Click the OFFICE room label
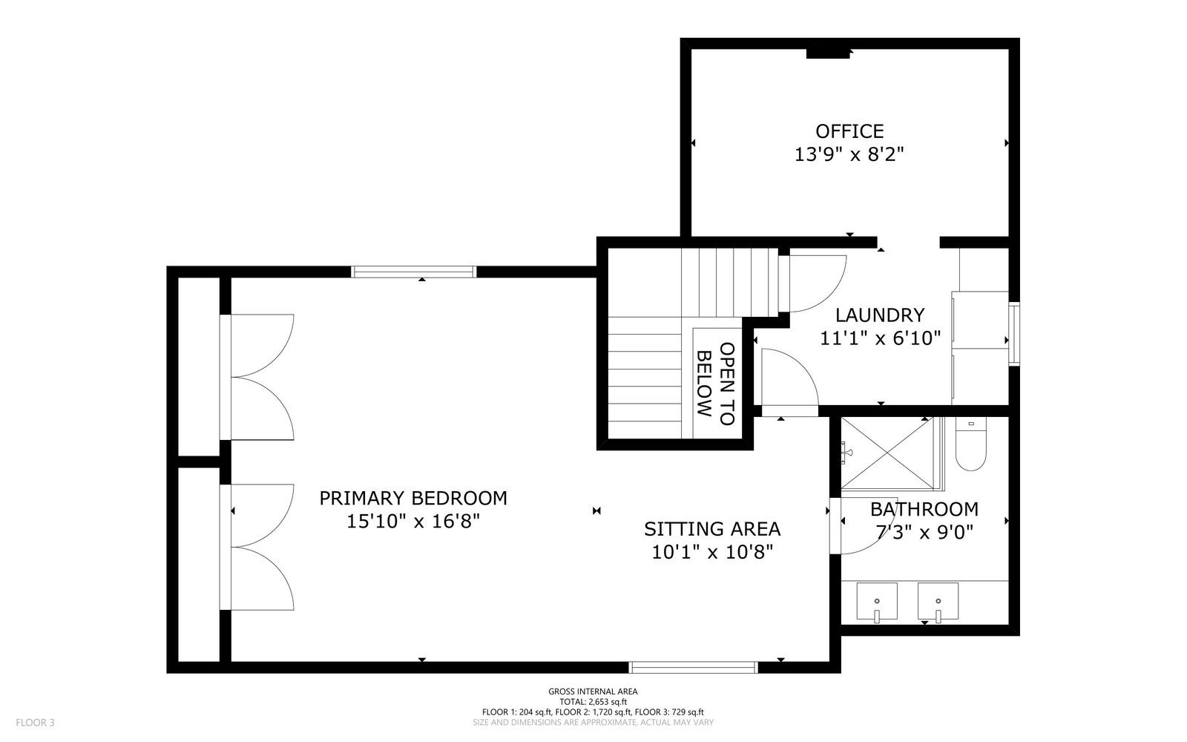pos(849,131)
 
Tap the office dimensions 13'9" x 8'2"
pos(849,154)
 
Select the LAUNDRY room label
pos(880,315)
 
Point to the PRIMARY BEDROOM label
pos(412,498)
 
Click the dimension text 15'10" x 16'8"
pos(412,522)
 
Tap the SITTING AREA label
pos(712,529)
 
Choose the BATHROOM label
pos(924,509)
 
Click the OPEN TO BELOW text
pos(715,384)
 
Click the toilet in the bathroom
pos(970,444)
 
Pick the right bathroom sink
pos(938,601)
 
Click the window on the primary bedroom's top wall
pos(413,272)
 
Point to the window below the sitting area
pos(693,667)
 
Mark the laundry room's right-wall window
pos(1013,334)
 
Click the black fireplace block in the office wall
pos(828,53)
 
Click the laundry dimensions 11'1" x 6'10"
pos(880,338)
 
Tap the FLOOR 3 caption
pos(35,723)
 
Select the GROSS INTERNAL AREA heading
pos(593,692)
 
